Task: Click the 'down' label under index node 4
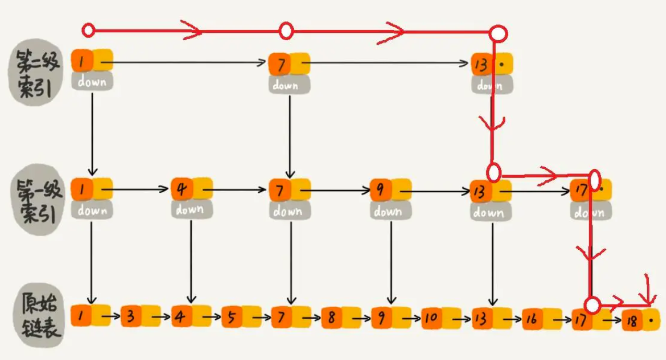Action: click(190, 210)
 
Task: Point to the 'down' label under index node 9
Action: click(389, 211)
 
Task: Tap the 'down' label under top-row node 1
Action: click(92, 82)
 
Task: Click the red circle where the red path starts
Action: click(88, 30)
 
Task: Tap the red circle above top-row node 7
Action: click(285, 31)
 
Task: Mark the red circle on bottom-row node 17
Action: click(592, 304)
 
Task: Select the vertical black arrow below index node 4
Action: click(190, 261)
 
